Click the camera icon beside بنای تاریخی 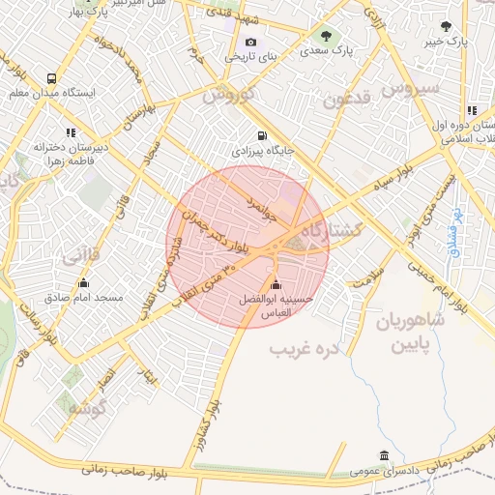click(251, 43)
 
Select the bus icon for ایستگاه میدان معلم click(50, 78)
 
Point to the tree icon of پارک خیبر click(445, 27)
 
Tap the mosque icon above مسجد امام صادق click(84, 283)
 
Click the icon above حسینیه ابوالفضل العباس click(277, 284)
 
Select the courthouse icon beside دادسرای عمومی click(385, 456)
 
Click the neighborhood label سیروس click(410, 89)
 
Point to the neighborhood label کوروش click(228, 98)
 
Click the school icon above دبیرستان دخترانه click(70, 132)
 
